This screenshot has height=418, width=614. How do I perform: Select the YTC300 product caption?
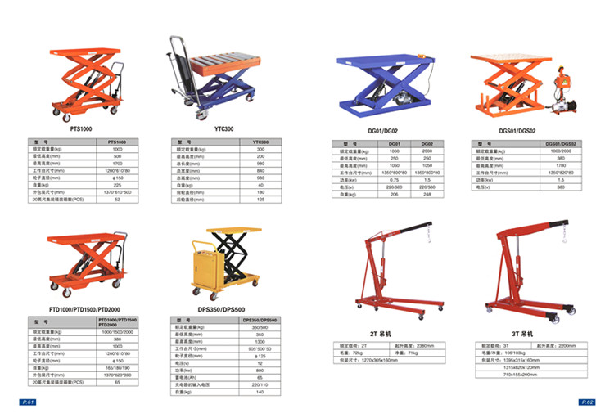(x=224, y=129)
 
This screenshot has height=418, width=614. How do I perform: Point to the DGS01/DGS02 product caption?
(x=518, y=131)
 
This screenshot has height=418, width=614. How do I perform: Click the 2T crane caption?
(x=382, y=335)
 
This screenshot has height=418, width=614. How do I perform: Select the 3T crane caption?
(x=522, y=335)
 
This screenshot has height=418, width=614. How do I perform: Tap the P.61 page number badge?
(x=26, y=402)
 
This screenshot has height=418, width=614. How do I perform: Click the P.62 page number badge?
(x=586, y=402)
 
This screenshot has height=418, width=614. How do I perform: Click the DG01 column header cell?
(x=394, y=144)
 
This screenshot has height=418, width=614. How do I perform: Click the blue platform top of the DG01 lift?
(x=381, y=65)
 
